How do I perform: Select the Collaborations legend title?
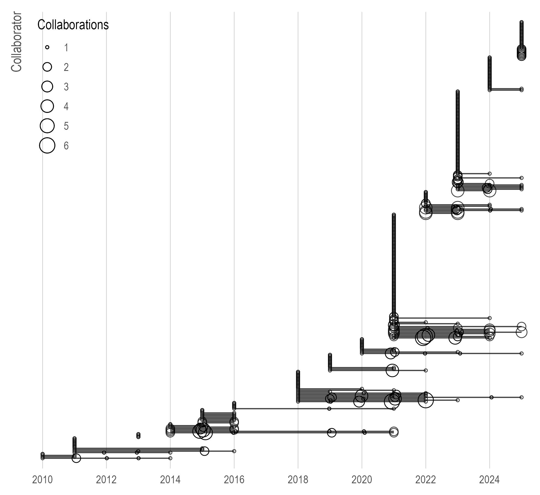click(x=73, y=25)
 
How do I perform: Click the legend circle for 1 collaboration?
click(x=47, y=47)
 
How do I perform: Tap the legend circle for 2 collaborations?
click(x=47, y=67)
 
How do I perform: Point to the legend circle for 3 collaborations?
click(x=47, y=86)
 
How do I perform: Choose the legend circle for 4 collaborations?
click(x=47, y=106)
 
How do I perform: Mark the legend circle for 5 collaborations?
click(x=47, y=126)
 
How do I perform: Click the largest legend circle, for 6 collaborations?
click(x=47, y=145)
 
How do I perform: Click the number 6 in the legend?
click(x=66, y=146)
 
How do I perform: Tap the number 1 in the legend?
click(x=66, y=48)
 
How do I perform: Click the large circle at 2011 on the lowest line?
click(x=76, y=458)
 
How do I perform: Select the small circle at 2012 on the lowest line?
click(x=107, y=458)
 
